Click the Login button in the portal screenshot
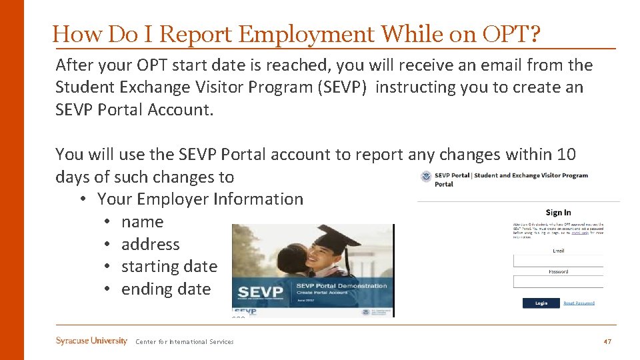[541, 303]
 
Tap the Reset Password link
[579, 303]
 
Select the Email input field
[558, 261]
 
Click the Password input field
[558, 282]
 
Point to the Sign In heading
[558, 213]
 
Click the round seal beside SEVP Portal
[426, 176]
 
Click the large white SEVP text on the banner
[261, 293]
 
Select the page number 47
[607, 342]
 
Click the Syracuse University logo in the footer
[91, 341]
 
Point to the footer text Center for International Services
[185, 342]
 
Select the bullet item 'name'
[142, 222]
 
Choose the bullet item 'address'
[150, 245]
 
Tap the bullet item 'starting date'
[169, 267]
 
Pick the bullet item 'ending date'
[165, 289]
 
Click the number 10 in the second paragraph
[565, 155]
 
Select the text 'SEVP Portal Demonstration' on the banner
[341, 286]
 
